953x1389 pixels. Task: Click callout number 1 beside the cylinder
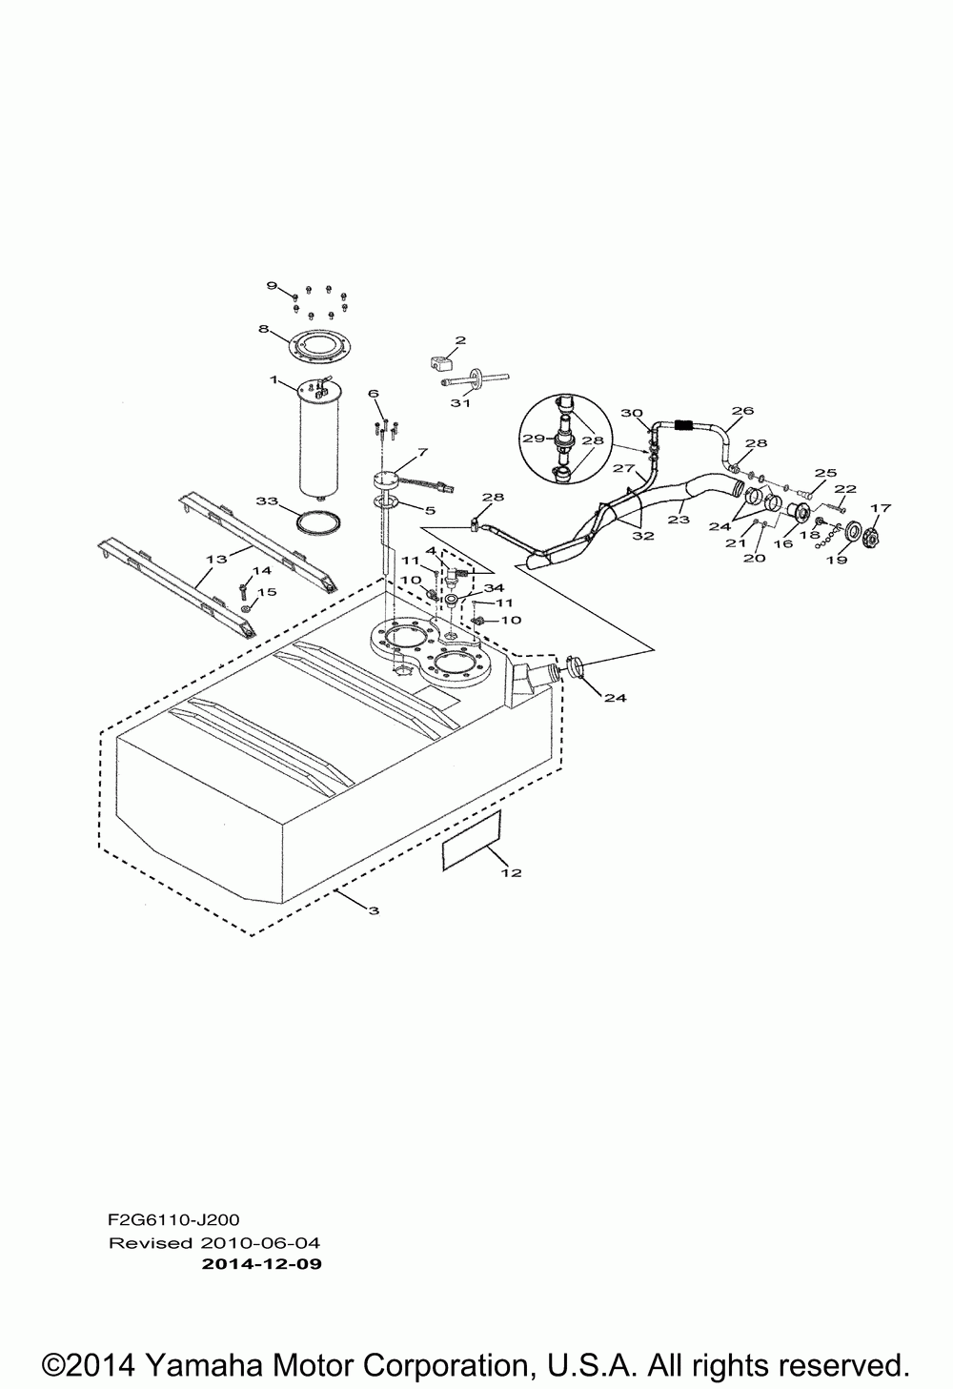point(274,380)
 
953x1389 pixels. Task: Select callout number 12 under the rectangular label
point(511,872)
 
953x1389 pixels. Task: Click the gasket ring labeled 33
point(316,523)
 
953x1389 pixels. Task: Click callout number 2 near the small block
point(460,340)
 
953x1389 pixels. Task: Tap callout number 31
point(460,402)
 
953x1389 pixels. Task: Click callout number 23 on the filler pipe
point(678,521)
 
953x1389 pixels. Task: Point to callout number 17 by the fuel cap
point(880,508)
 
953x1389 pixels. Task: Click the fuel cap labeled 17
point(869,540)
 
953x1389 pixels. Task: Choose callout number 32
point(642,536)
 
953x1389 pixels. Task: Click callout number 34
point(493,587)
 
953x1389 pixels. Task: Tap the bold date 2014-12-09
point(262,1265)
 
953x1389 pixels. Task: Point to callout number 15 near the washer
point(268,592)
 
